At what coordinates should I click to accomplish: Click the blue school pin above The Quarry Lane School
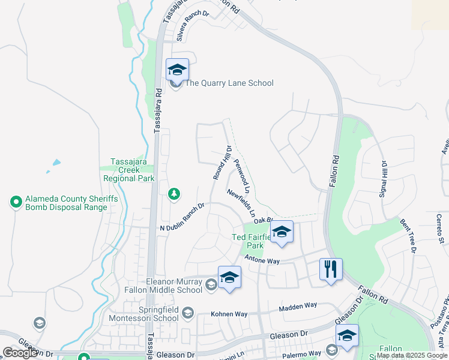[x=177, y=70]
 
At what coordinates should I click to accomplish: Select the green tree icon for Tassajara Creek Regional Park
[x=173, y=193]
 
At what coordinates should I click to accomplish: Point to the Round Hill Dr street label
[x=222, y=163]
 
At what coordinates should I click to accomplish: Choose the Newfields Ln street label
[x=242, y=203]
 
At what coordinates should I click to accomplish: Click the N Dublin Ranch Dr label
[x=182, y=217]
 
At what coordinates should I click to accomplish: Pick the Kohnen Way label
[x=229, y=314]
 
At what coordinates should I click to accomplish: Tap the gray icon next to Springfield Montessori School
[x=188, y=313]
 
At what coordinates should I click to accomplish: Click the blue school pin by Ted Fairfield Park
[x=280, y=232]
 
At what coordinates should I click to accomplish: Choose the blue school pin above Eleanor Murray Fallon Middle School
[x=229, y=277]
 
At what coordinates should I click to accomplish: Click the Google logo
[x=20, y=353]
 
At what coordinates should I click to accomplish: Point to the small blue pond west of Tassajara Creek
[x=56, y=163]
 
